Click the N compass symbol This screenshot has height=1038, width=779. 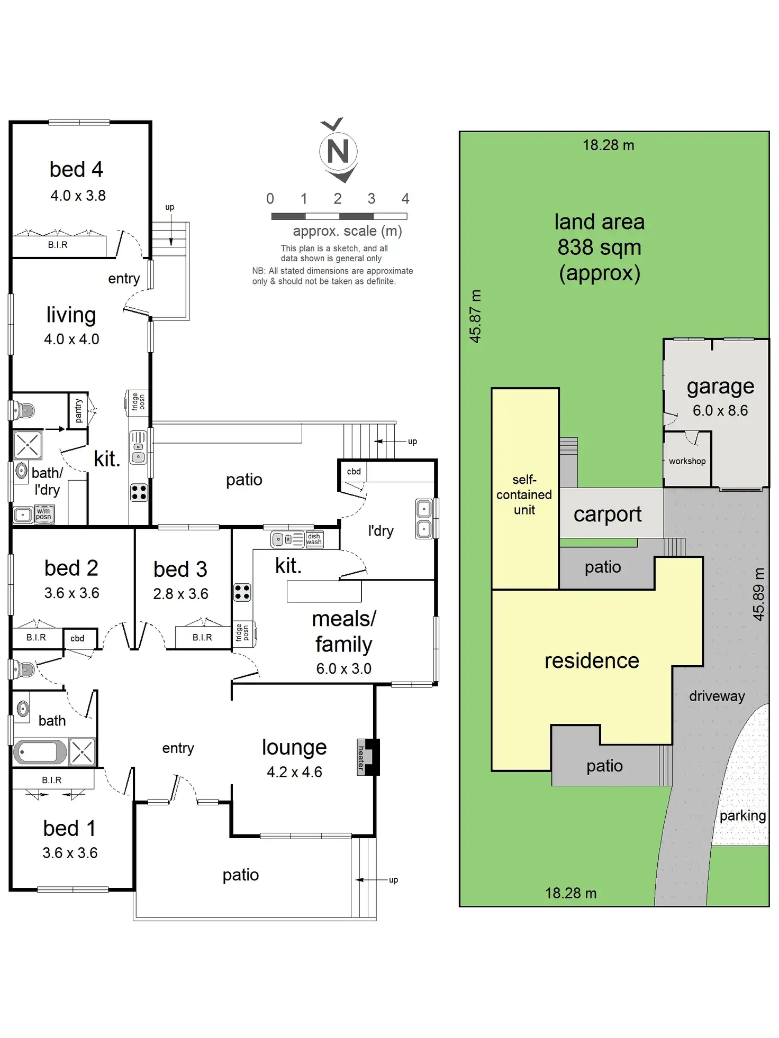tap(338, 151)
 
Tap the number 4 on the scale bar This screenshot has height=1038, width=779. tap(405, 199)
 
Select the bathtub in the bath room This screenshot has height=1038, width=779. tap(39, 751)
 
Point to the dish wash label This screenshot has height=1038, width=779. tap(314, 539)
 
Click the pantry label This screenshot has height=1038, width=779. tap(78, 411)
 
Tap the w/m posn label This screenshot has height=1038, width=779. tap(43, 514)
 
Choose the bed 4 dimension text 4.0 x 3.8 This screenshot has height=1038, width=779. tap(78, 196)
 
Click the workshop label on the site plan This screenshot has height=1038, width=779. tap(687, 461)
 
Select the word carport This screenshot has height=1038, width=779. tap(608, 514)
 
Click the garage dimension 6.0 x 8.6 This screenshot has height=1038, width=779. tap(720, 410)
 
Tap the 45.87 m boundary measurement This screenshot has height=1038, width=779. tap(476, 316)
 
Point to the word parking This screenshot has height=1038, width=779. tap(742, 815)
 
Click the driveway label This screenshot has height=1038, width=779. tap(717, 696)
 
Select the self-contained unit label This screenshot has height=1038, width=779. tap(524, 494)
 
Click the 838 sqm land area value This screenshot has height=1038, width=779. tap(599, 247)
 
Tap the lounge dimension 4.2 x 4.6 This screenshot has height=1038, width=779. tap(294, 772)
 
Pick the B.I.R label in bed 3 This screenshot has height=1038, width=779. tap(202, 638)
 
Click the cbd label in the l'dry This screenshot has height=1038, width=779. tap(354, 471)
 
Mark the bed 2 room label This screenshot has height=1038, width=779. tap(71, 568)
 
